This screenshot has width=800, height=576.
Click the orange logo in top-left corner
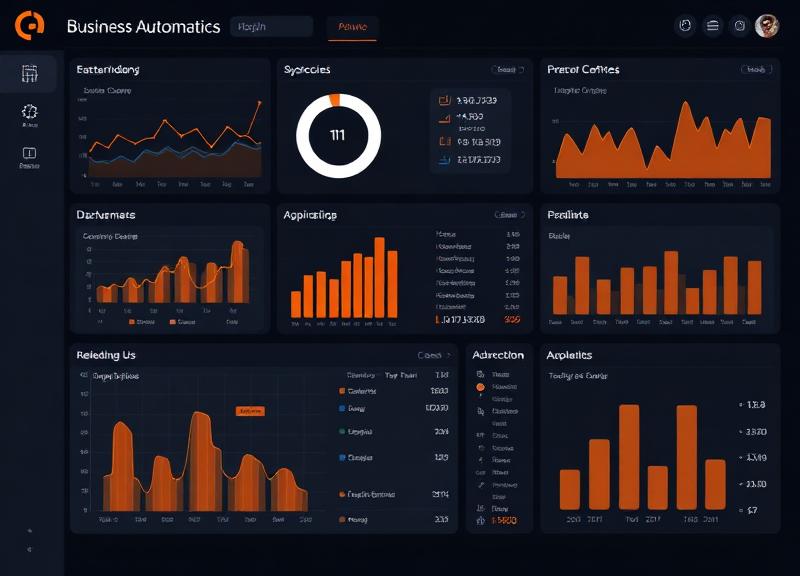29,26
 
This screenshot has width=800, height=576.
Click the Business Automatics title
143,27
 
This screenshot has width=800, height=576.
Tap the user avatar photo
767,26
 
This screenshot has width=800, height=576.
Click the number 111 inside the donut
338,135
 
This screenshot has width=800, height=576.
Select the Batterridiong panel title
108,70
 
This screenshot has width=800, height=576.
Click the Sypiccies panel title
307,70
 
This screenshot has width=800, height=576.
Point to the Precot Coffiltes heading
583,70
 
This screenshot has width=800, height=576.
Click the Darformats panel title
106,215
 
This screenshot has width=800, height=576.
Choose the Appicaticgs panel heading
310,215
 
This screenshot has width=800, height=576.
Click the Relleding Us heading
106,355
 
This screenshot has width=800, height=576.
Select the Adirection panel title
498,355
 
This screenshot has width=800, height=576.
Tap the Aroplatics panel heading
569,355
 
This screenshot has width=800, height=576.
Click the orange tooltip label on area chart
250,411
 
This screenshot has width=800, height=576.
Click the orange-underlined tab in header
353,28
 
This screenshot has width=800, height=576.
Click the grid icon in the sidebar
29,73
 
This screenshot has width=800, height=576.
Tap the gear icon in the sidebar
29,113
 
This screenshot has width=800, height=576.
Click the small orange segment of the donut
335,100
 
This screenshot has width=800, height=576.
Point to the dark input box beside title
271,27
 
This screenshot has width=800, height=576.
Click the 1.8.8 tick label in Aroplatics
756,405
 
